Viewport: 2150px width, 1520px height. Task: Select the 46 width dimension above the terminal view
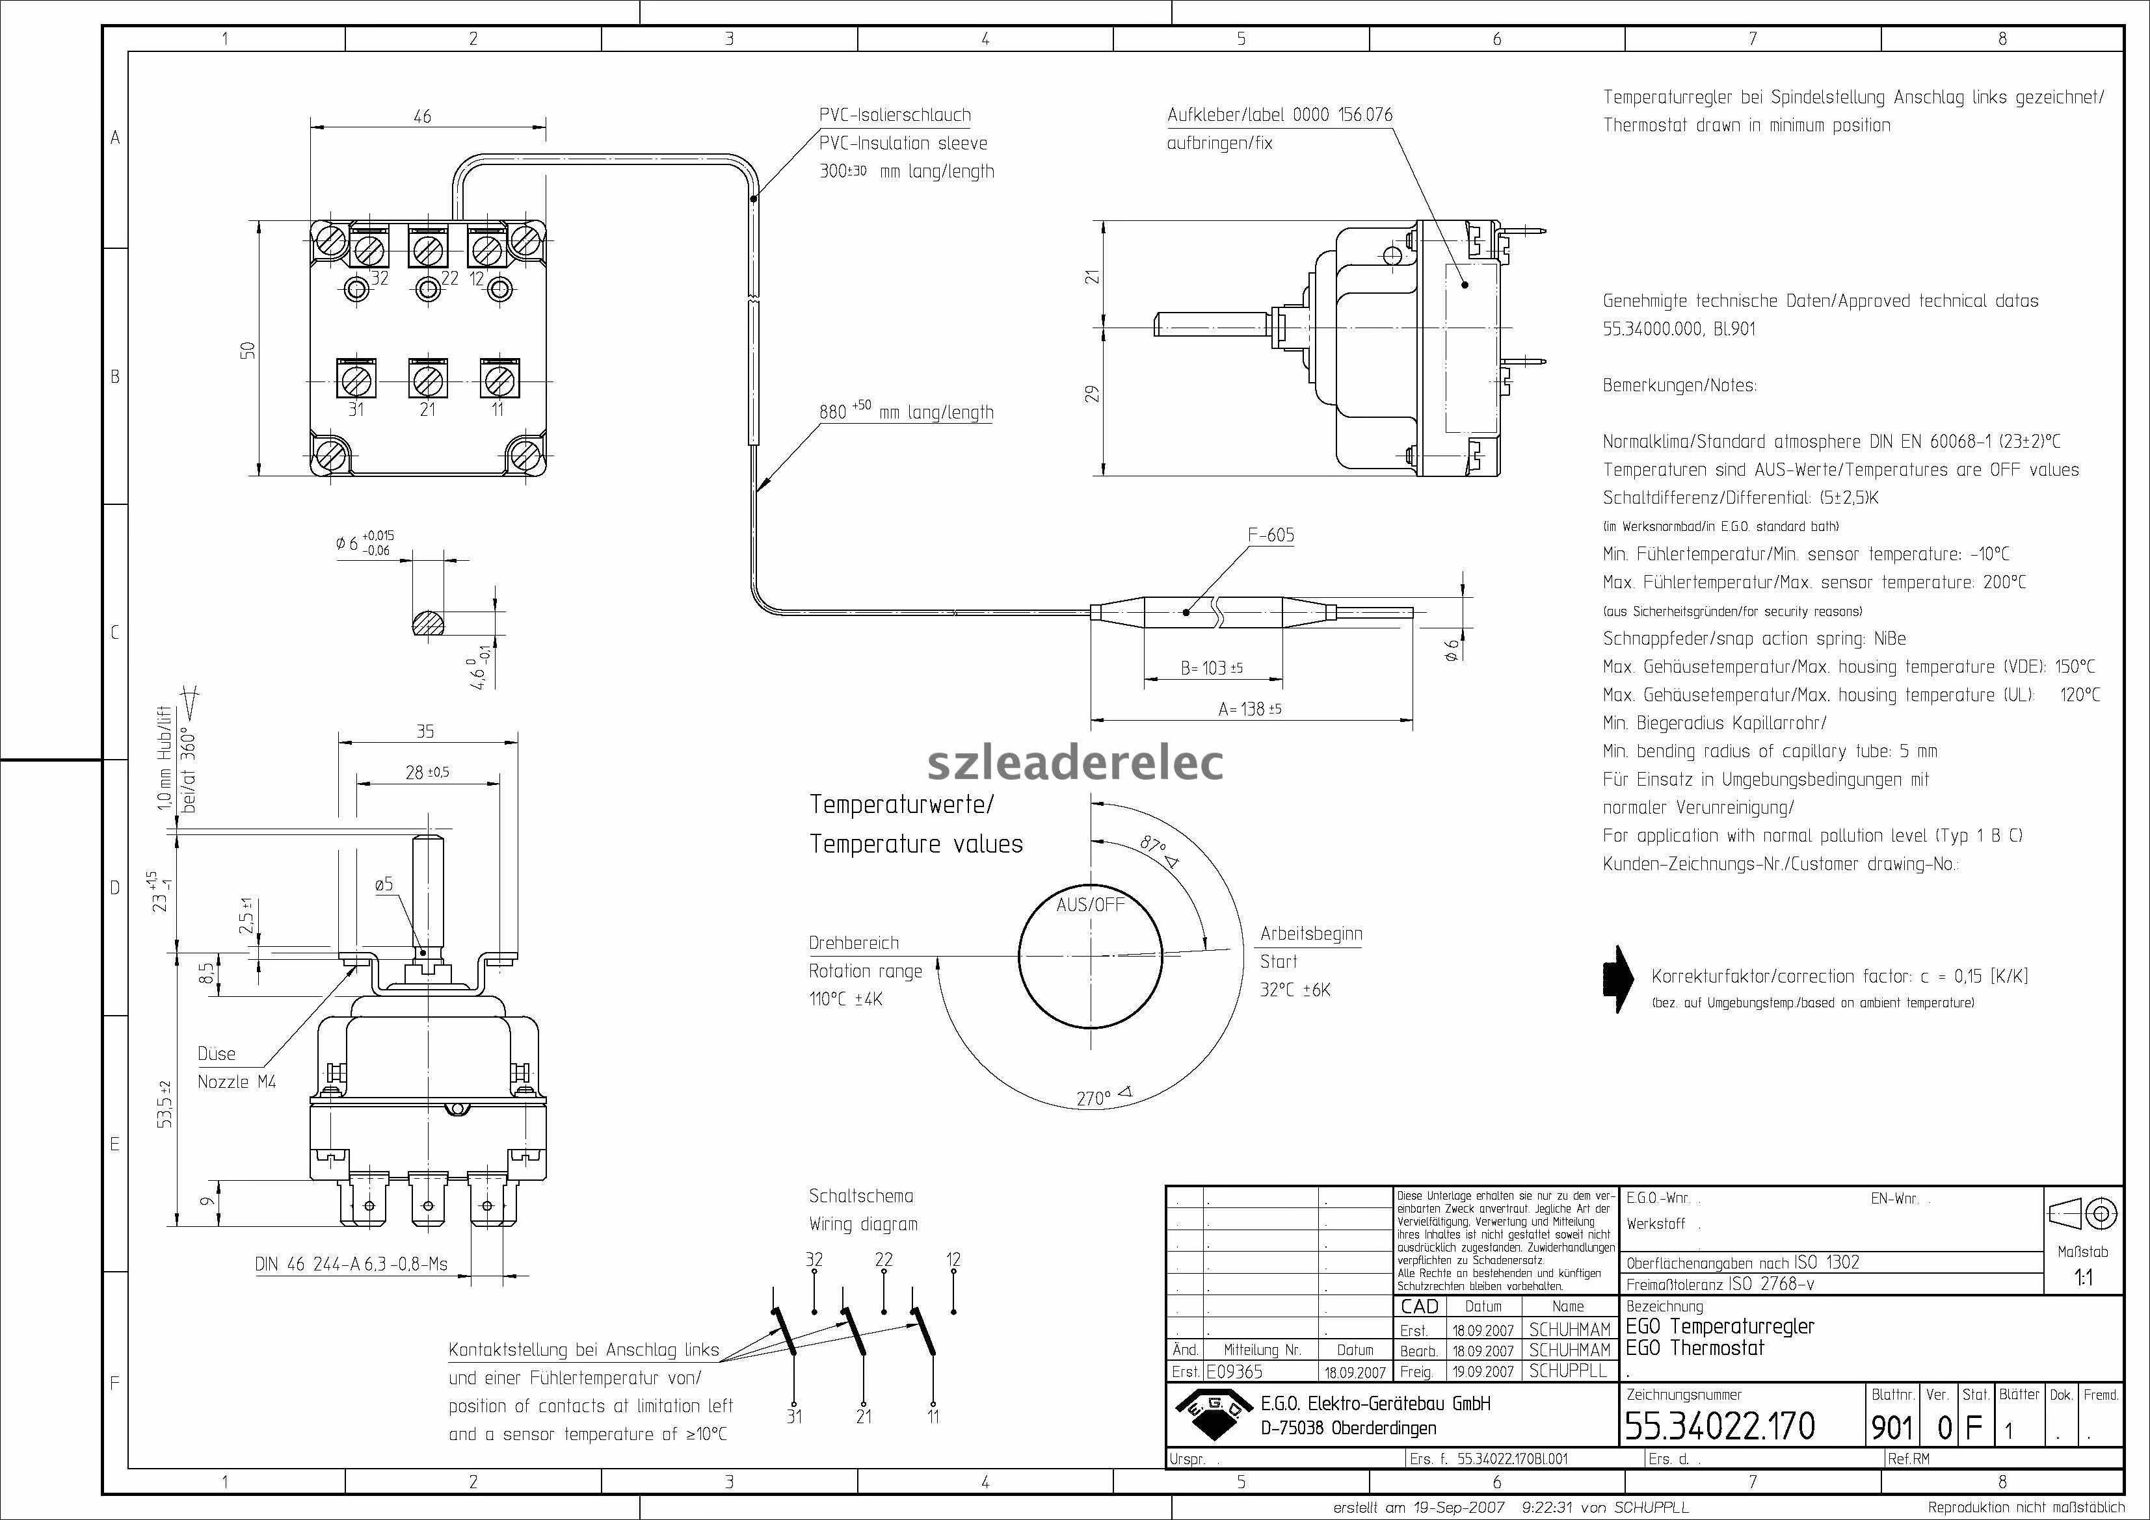click(x=422, y=116)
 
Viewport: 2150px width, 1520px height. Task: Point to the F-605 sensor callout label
click(x=1271, y=535)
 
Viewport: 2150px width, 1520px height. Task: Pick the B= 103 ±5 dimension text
click(x=1212, y=668)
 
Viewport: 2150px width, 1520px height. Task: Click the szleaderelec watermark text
click(x=1075, y=762)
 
